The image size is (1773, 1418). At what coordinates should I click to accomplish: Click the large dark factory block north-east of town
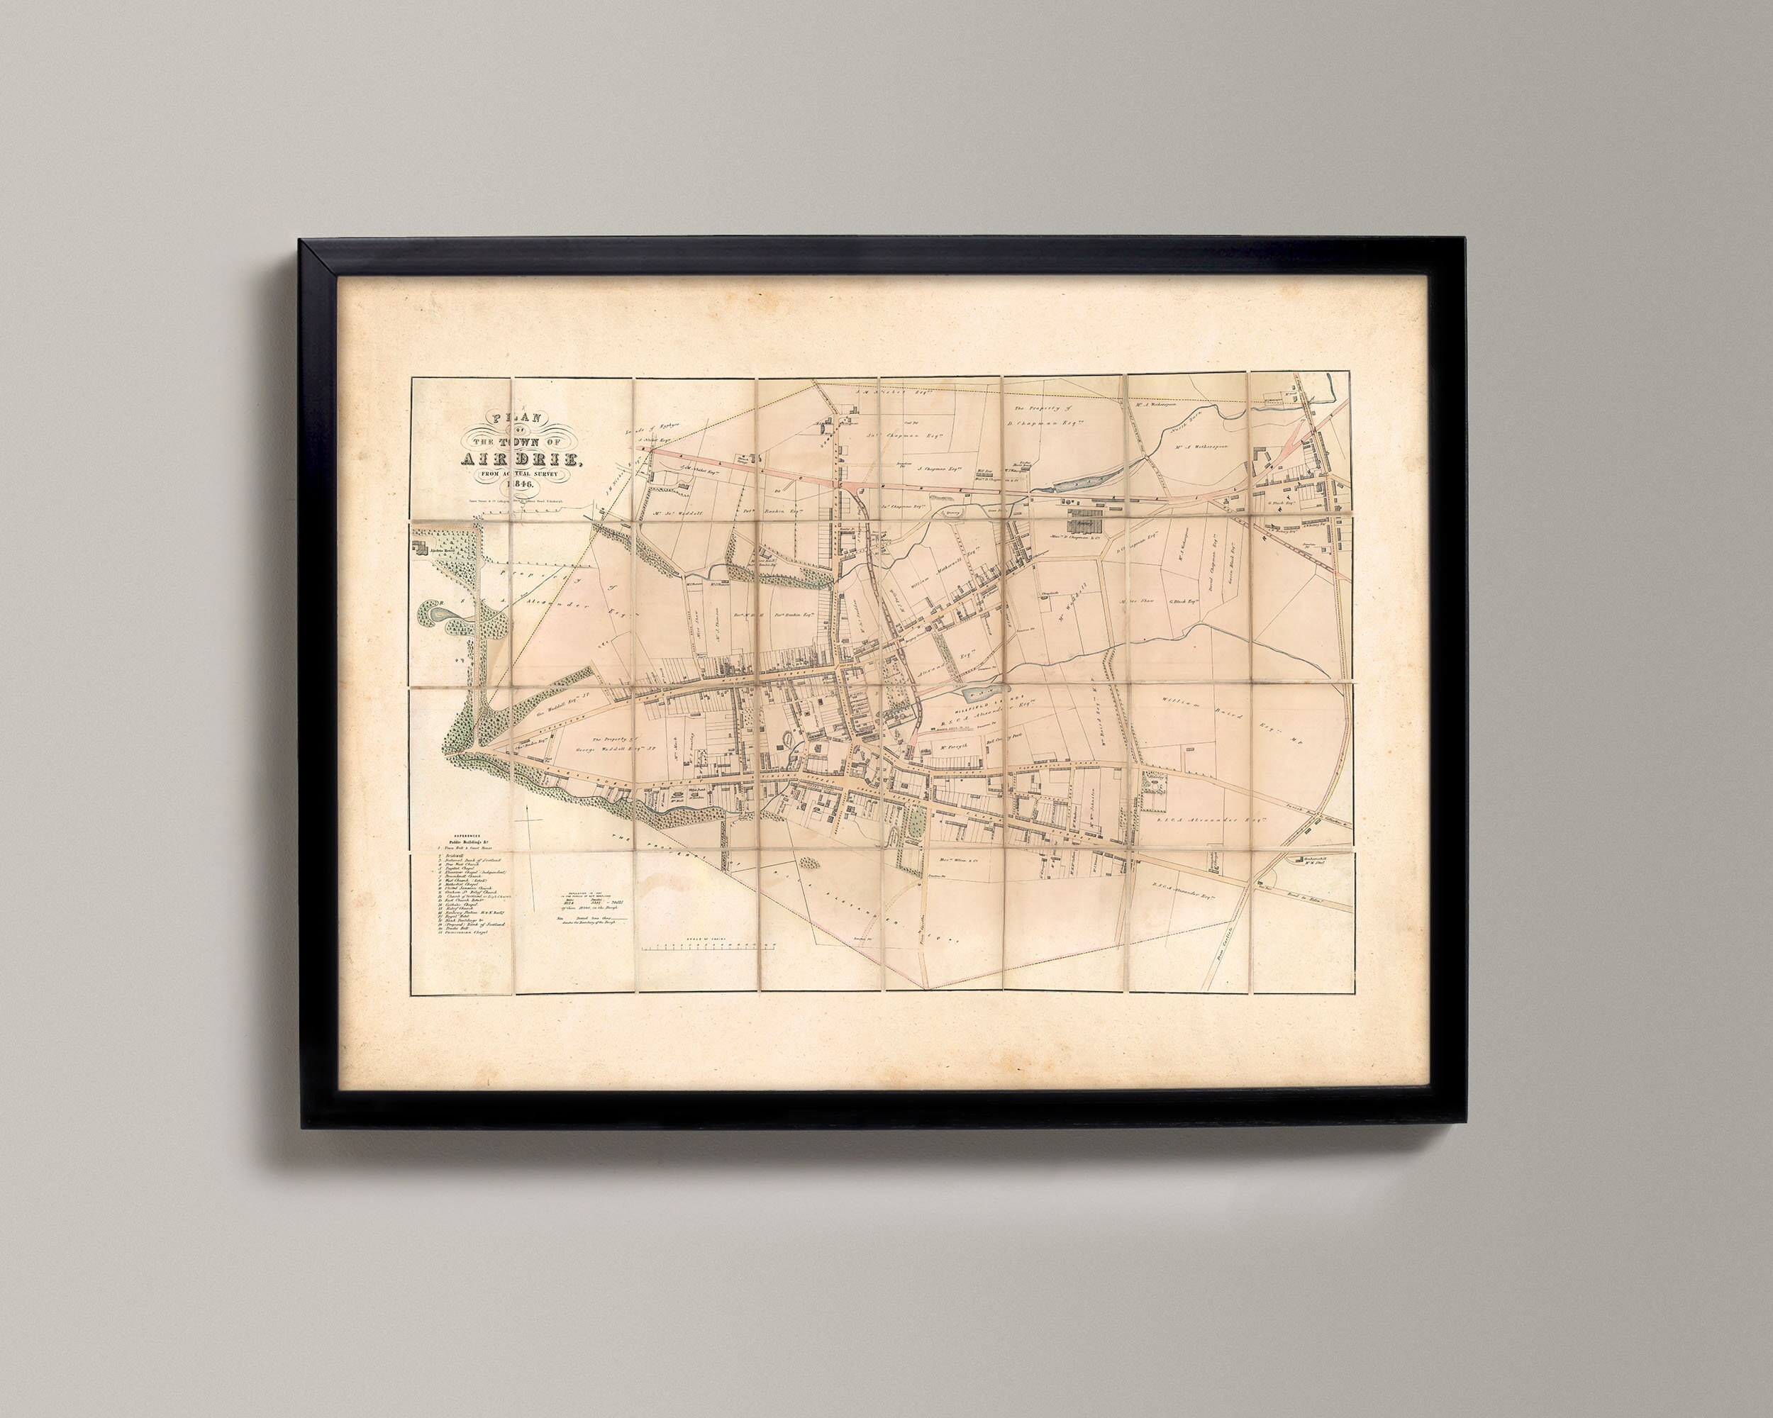coord(1086,521)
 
